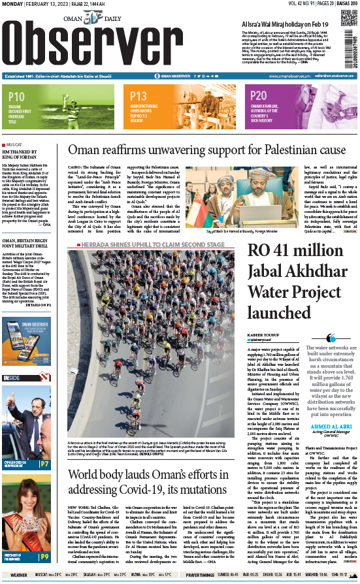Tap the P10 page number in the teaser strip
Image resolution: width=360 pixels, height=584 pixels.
click(x=17, y=97)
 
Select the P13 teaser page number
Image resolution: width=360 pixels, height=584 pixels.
click(x=139, y=97)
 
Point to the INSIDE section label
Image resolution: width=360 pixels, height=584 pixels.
click(x=12, y=378)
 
